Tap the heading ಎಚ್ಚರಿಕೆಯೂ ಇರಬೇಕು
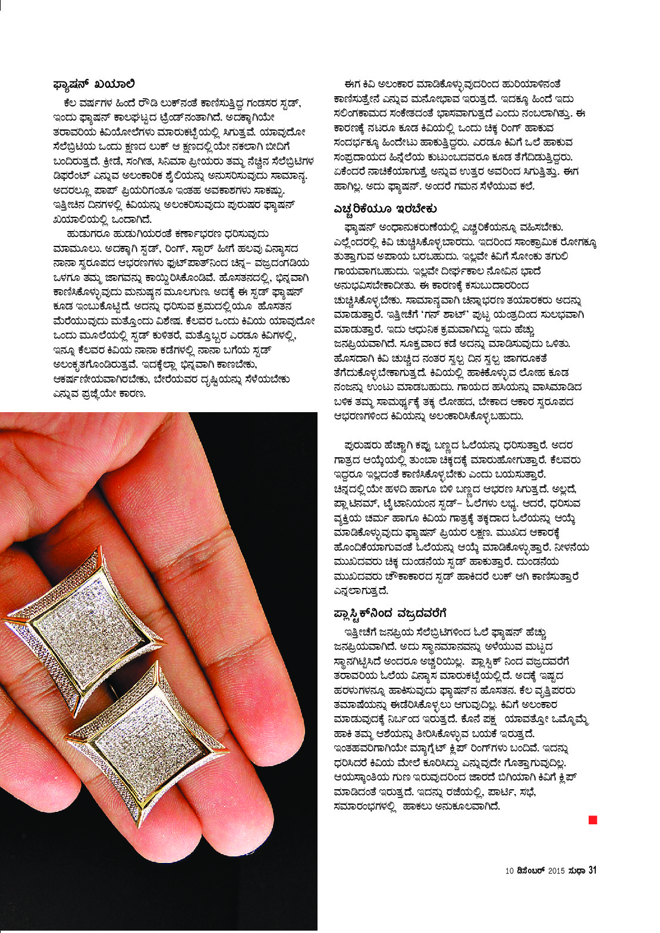pos(385,209)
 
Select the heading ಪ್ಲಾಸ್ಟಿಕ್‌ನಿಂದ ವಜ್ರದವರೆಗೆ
pos(389,612)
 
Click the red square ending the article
pos(592,820)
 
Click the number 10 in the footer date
pos(509,871)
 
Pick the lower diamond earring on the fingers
pos(149,748)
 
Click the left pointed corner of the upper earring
pos(5,621)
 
